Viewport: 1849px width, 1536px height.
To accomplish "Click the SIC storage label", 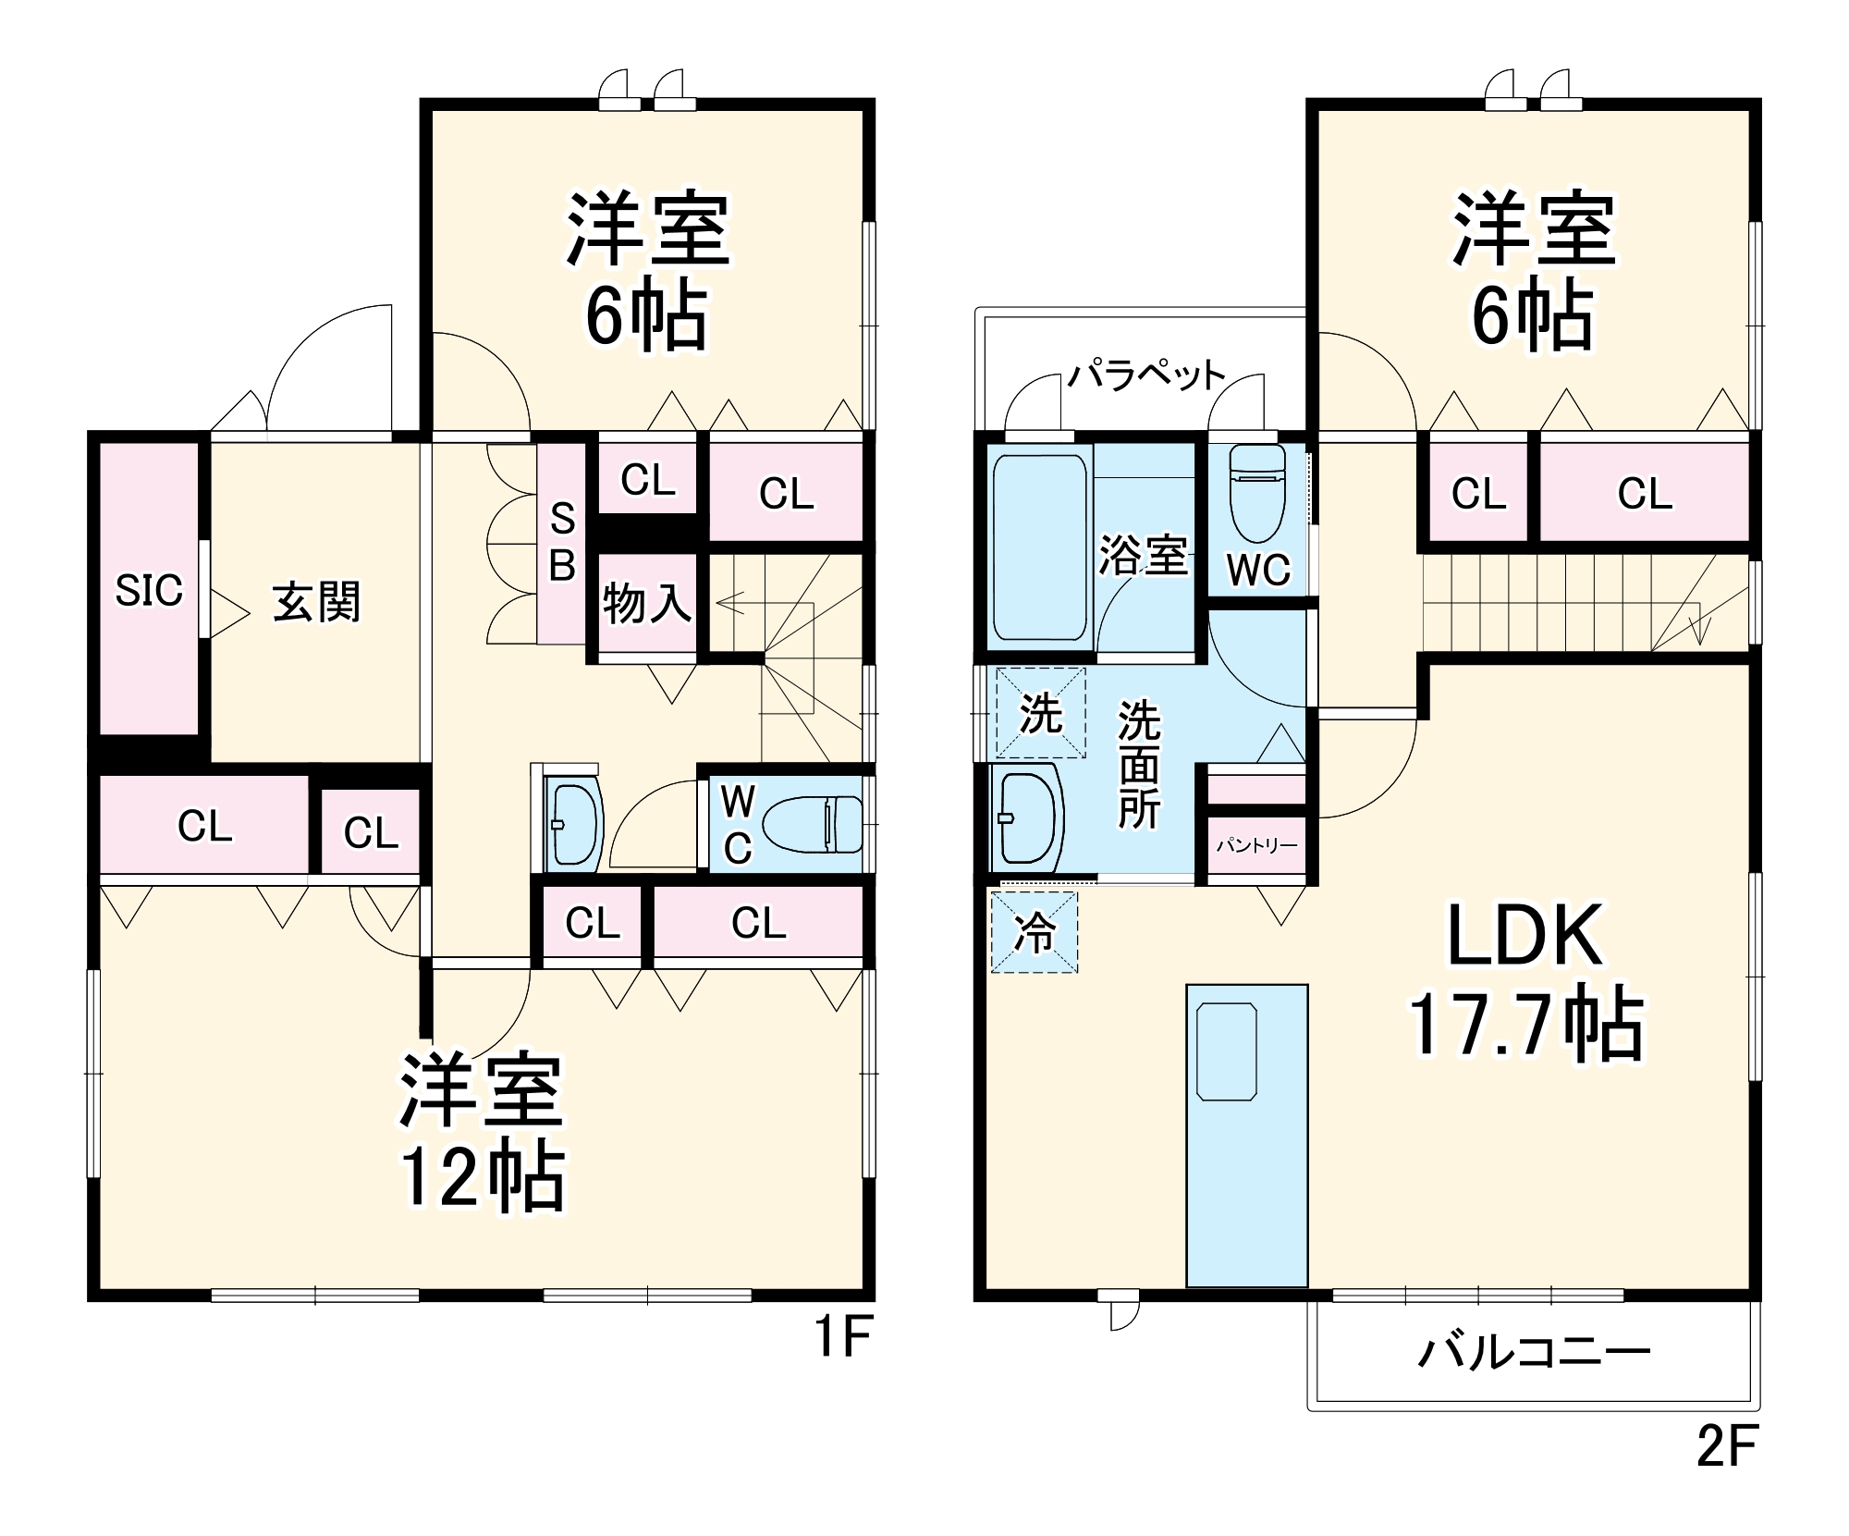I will pyautogui.click(x=149, y=590).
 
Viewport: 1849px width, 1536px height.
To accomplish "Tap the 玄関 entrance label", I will pyautogui.click(x=316, y=603).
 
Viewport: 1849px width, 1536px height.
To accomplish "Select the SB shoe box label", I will pyautogui.click(x=562, y=543).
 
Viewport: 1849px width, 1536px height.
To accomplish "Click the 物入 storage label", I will pyautogui.click(x=646, y=604).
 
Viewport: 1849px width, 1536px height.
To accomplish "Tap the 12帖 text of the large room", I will pyautogui.click(x=482, y=1178).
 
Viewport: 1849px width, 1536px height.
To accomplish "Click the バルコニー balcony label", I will pyautogui.click(x=1534, y=1353).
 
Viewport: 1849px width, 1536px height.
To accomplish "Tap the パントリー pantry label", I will pyautogui.click(x=1256, y=845).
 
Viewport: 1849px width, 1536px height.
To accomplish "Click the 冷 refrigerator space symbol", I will pyautogui.click(x=1035, y=932).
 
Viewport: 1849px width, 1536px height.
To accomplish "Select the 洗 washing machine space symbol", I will pyautogui.click(x=1040, y=713).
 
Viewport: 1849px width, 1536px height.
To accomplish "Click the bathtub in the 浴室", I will pyautogui.click(x=1039, y=547).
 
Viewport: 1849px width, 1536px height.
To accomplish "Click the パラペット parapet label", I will pyautogui.click(x=1146, y=375).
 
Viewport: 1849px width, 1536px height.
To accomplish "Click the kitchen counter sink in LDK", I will pyautogui.click(x=1227, y=1051).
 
